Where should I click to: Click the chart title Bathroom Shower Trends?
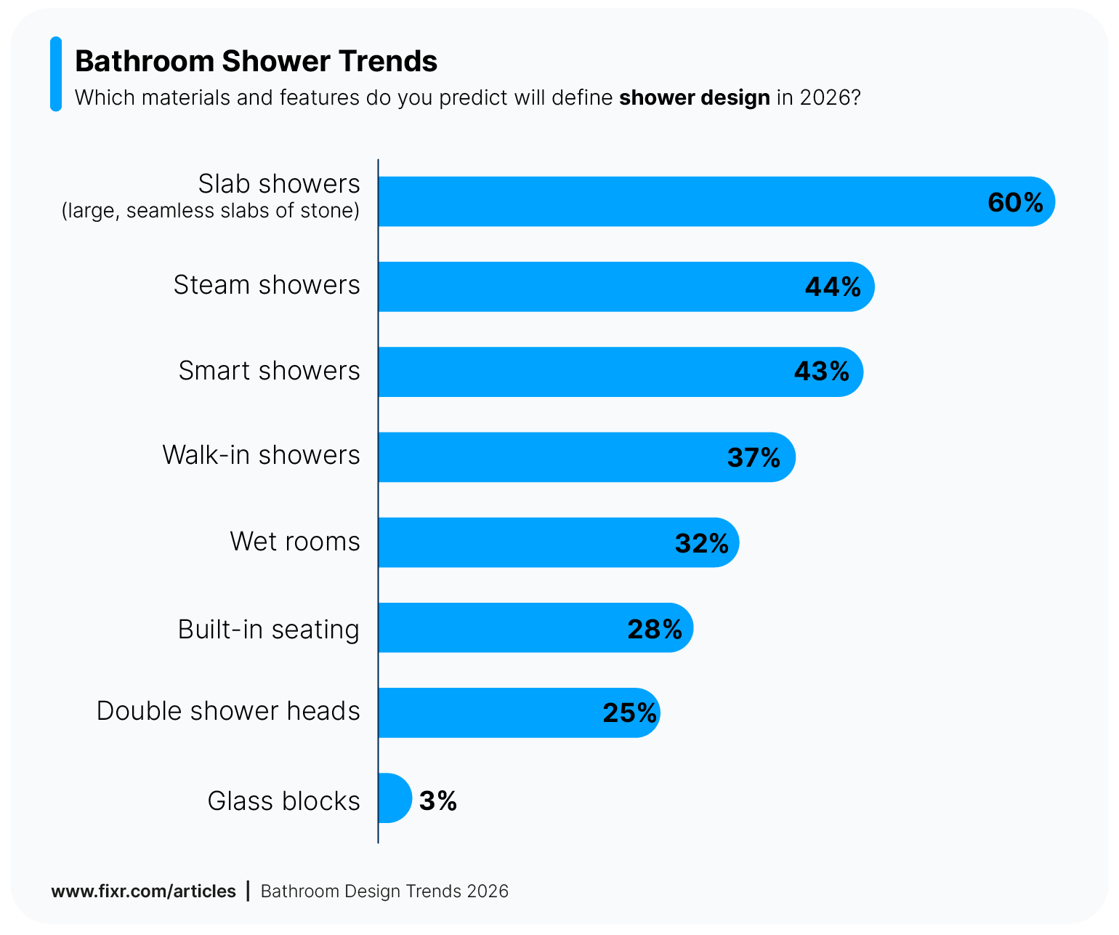click(x=256, y=62)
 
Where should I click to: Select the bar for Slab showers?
click(x=676, y=201)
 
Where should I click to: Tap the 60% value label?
click(x=1015, y=202)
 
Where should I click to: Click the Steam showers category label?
click(x=267, y=285)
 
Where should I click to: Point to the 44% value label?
click(x=833, y=287)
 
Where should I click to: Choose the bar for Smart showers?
click(x=581, y=372)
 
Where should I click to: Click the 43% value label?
click(x=821, y=372)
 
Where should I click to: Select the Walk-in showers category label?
click(x=261, y=455)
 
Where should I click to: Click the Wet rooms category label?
click(x=295, y=542)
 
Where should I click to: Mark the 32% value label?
click(x=701, y=543)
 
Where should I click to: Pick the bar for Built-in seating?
click(x=501, y=627)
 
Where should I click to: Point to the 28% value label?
click(x=655, y=629)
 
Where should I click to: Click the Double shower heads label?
click(x=228, y=711)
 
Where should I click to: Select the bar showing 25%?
click(x=487, y=713)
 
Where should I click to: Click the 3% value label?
click(x=438, y=800)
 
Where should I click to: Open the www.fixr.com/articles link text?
click(x=143, y=891)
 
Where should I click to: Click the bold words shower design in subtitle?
click(x=694, y=97)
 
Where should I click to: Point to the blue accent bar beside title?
click(x=56, y=74)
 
